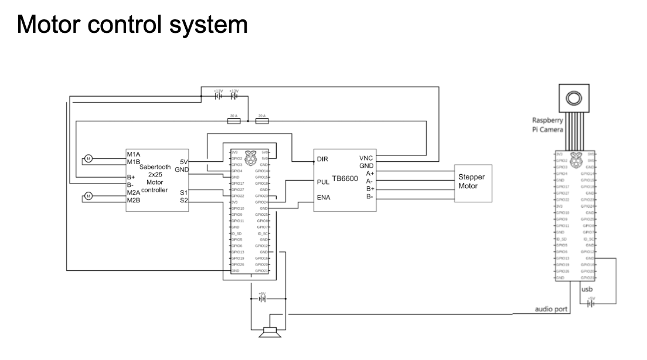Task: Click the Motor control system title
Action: click(x=133, y=25)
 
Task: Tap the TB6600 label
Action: click(x=346, y=176)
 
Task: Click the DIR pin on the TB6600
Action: click(x=322, y=159)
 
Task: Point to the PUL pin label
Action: click(x=323, y=182)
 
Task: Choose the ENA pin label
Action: click(x=323, y=198)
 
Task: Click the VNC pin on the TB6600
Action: click(x=366, y=158)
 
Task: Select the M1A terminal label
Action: click(x=133, y=154)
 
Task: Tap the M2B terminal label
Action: click(x=133, y=201)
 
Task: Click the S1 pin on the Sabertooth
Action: click(x=184, y=192)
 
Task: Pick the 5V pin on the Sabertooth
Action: click(x=183, y=162)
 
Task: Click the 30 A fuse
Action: click(x=233, y=121)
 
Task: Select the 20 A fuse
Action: click(x=262, y=121)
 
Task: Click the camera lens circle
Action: click(x=573, y=97)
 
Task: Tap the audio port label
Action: click(x=551, y=310)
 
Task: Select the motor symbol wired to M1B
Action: click(x=88, y=158)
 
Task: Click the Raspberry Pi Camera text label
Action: click(x=546, y=124)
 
